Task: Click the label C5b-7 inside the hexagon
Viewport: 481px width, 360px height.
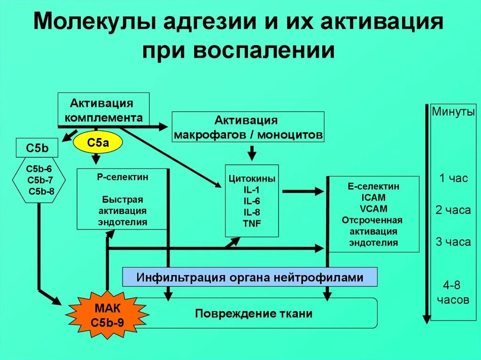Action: [x=40, y=180]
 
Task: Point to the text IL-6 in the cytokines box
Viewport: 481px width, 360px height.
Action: [x=251, y=201]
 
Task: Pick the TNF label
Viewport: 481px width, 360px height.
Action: [x=252, y=223]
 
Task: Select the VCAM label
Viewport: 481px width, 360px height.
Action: [x=374, y=209]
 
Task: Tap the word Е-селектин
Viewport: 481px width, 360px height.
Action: [x=374, y=186]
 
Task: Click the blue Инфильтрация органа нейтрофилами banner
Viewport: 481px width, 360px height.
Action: [x=250, y=277]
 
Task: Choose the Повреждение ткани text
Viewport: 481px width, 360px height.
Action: [x=254, y=314]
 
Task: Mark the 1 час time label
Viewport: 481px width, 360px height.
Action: [x=453, y=178]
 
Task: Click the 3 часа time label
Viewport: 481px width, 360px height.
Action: [x=453, y=242]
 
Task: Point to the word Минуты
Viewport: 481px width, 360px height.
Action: [x=453, y=113]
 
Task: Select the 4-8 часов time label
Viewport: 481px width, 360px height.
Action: [x=453, y=292]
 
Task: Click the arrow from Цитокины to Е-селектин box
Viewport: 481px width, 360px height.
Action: [x=303, y=191]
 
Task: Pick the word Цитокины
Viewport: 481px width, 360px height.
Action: [x=252, y=179]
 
